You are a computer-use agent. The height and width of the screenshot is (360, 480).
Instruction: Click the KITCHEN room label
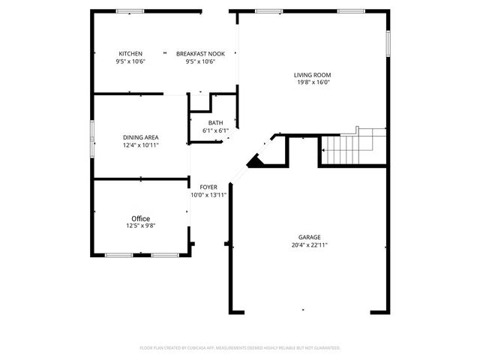(130, 54)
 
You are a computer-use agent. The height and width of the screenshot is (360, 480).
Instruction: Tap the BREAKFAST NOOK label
(200, 54)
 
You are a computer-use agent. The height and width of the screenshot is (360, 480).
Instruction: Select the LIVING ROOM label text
(312, 75)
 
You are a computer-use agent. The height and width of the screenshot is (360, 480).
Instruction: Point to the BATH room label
(215, 123)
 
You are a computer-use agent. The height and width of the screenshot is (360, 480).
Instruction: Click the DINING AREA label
(141, 137)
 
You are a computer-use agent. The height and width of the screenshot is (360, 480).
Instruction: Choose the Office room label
(141, 218)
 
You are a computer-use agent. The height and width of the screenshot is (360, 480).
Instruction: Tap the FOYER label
(208, 187)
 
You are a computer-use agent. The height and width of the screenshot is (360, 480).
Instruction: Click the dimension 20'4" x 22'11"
(310, 244)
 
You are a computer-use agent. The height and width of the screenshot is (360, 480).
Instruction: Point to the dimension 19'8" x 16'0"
(312, 82)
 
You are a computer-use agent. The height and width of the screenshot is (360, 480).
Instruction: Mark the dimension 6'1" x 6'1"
(215, 130)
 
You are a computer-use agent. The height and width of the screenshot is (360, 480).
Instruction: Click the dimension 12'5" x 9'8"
(141, 226)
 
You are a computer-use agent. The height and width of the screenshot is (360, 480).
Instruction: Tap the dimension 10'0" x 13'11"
(208, 195)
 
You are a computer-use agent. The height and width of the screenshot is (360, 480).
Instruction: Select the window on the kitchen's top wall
(130, 11)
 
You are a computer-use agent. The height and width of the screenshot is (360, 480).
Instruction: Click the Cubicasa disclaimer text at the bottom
(240, 348)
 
